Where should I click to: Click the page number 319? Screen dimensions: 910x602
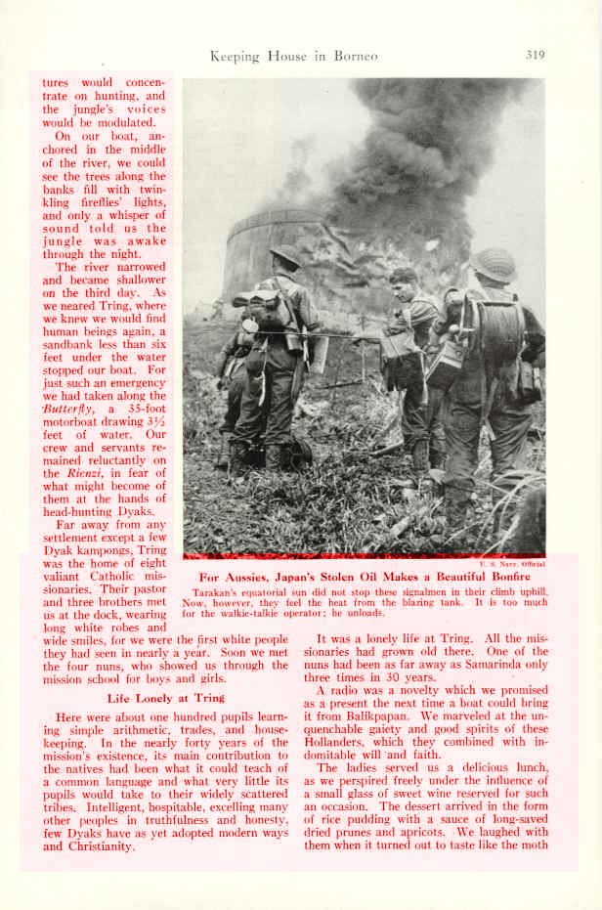535,55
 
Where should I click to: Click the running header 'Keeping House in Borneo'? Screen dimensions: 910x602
293,56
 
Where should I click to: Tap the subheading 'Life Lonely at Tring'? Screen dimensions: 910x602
166,697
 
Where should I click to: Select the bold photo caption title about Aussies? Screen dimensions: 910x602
365,577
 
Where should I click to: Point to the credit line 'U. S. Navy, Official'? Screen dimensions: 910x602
512,563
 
